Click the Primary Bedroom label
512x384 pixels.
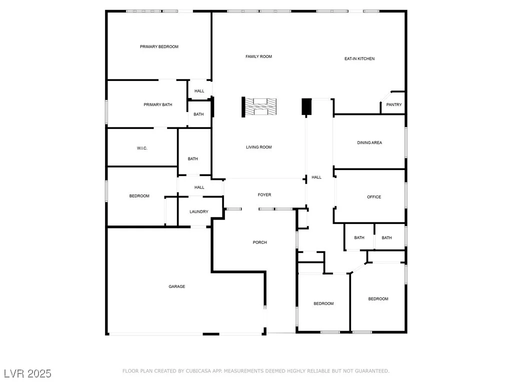click(159, 46)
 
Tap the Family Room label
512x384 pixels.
click(258, 56)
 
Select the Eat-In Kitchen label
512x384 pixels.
click(359, 59)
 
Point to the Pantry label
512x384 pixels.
click(394, 105)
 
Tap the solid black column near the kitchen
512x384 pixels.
click(306, 106)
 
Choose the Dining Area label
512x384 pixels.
click(369, 142)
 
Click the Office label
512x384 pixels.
click(374, 197)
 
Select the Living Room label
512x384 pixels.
click(258, 147)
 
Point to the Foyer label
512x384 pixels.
click(264, 195)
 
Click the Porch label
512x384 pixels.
click(259, 242)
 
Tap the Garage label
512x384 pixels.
click(176, 286)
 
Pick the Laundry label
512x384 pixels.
click(199, 211)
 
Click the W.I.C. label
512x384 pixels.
click(142, 148)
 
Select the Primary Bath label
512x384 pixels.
click(157, 105)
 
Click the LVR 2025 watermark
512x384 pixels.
click(28, 373)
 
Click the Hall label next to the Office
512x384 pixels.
click(316, 177)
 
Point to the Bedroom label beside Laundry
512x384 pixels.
click(139, 196)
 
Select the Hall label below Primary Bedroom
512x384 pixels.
click(199, 91)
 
